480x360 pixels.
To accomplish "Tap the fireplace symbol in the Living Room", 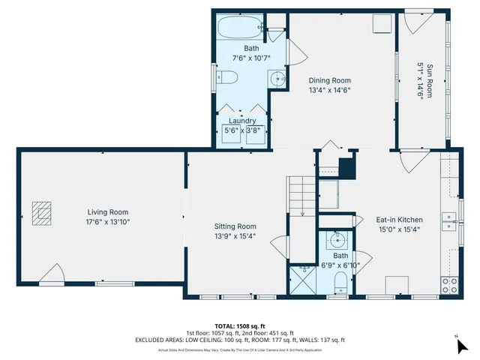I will tap(41, 212).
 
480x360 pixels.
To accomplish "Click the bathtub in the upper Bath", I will tap(238, 29).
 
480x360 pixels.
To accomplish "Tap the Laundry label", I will tap(241, 121).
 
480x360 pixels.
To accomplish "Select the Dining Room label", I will tap(330, 80).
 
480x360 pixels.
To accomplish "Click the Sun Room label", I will tap(430, 80).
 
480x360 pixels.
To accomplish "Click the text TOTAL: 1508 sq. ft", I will tap(239, 326).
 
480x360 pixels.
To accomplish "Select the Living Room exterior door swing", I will tap(52, 275).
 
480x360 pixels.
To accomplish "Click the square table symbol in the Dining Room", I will tap(382, 23).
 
